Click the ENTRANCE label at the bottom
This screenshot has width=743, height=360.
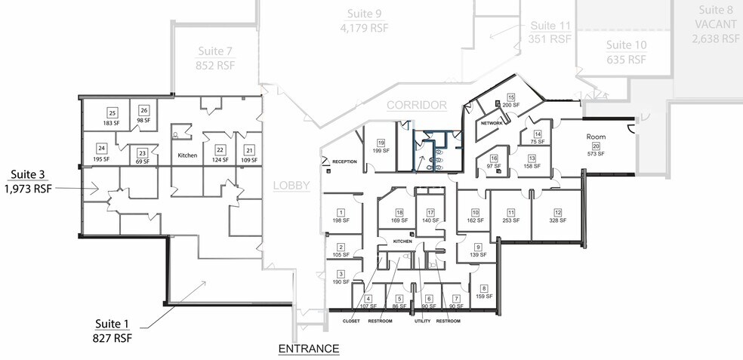(309, 349)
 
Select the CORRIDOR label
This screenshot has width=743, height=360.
(418, 106)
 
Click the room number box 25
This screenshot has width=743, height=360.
(111, 113)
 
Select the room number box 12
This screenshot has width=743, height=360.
(558, 212)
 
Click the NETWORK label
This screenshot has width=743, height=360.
(492, 122)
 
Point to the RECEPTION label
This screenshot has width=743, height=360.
(344, 162)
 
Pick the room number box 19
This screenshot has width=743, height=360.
(381, 143)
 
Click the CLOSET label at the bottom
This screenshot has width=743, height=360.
(351, 321)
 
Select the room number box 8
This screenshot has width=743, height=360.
(484, 288)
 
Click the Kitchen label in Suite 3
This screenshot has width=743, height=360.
(187, 155)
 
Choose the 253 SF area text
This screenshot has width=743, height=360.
(511, 221)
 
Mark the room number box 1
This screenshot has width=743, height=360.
(341, 212)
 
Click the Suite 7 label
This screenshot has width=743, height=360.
(215, 51)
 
